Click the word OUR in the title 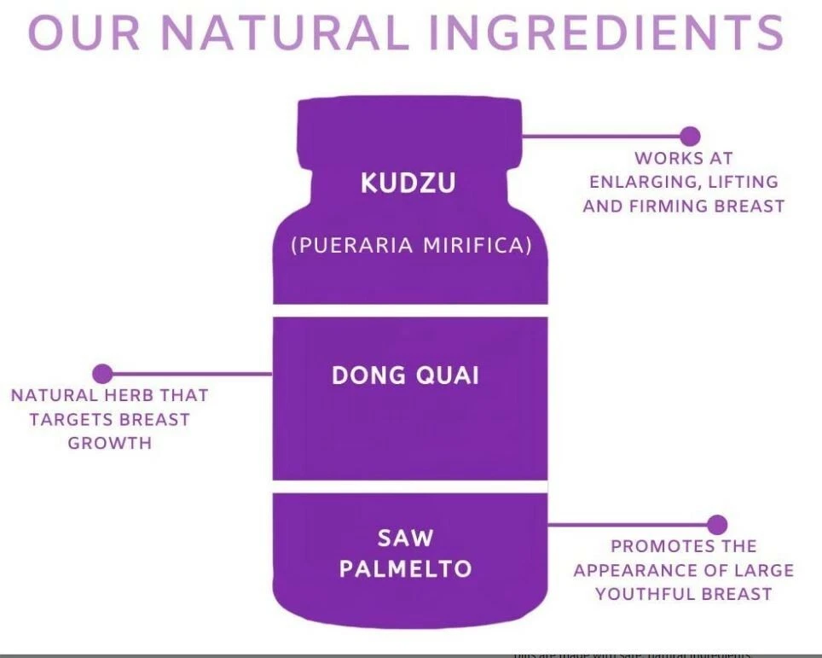click(77, 32)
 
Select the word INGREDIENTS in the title click(611, 32)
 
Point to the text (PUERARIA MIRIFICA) click(411, 246)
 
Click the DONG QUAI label click(405, 376)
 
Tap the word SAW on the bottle click(405, 539)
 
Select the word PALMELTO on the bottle click(405, 569)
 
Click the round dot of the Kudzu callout click(691, 136)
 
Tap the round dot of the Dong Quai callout click(102, 373)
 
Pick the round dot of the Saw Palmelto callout click(717, 525)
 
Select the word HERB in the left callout click(124, 395)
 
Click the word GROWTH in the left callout click(109, 443)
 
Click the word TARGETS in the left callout click(72, 419)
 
